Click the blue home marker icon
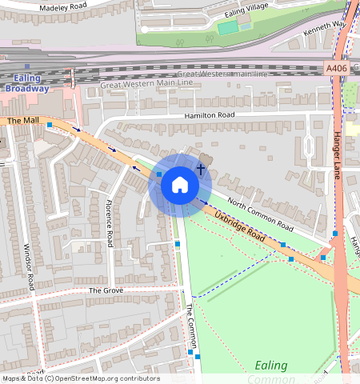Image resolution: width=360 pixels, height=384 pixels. coord(180,186)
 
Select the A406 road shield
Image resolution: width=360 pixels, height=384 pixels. coord(337,70)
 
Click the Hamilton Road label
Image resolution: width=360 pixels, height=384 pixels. coord(209,116)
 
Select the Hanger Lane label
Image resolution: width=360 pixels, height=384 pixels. coord(338,156)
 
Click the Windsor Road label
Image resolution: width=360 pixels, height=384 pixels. coord(29,266)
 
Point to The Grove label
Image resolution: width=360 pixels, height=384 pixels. coord(104,290)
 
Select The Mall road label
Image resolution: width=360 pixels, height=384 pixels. coord(22,121)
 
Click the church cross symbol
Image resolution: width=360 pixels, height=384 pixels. coord(200,170)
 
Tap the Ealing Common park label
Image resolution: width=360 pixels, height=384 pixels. coord(270,372)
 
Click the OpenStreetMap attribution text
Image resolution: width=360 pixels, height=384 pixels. coord(82,378)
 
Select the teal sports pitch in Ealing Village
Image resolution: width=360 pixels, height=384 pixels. coord(227,27)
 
